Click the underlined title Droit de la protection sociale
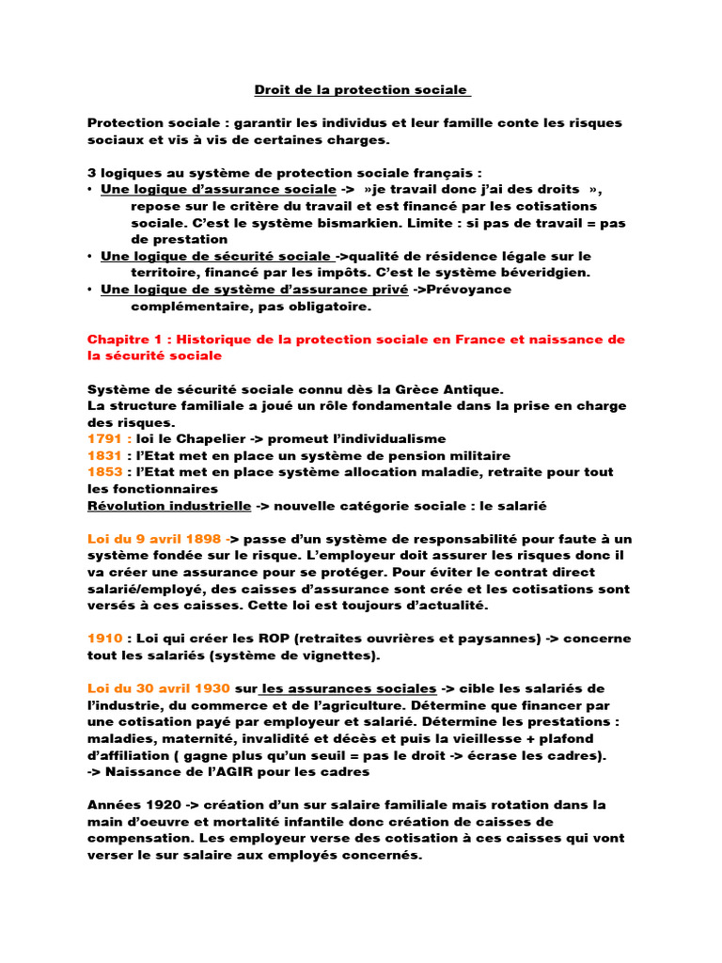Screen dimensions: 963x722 [362, 90]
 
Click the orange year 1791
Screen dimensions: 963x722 [104, 438]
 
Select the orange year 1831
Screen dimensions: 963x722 [104, 455]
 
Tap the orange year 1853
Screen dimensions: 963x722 [104, 472]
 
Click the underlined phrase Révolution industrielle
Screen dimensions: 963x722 [169, 506]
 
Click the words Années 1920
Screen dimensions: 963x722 [137, 805]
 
